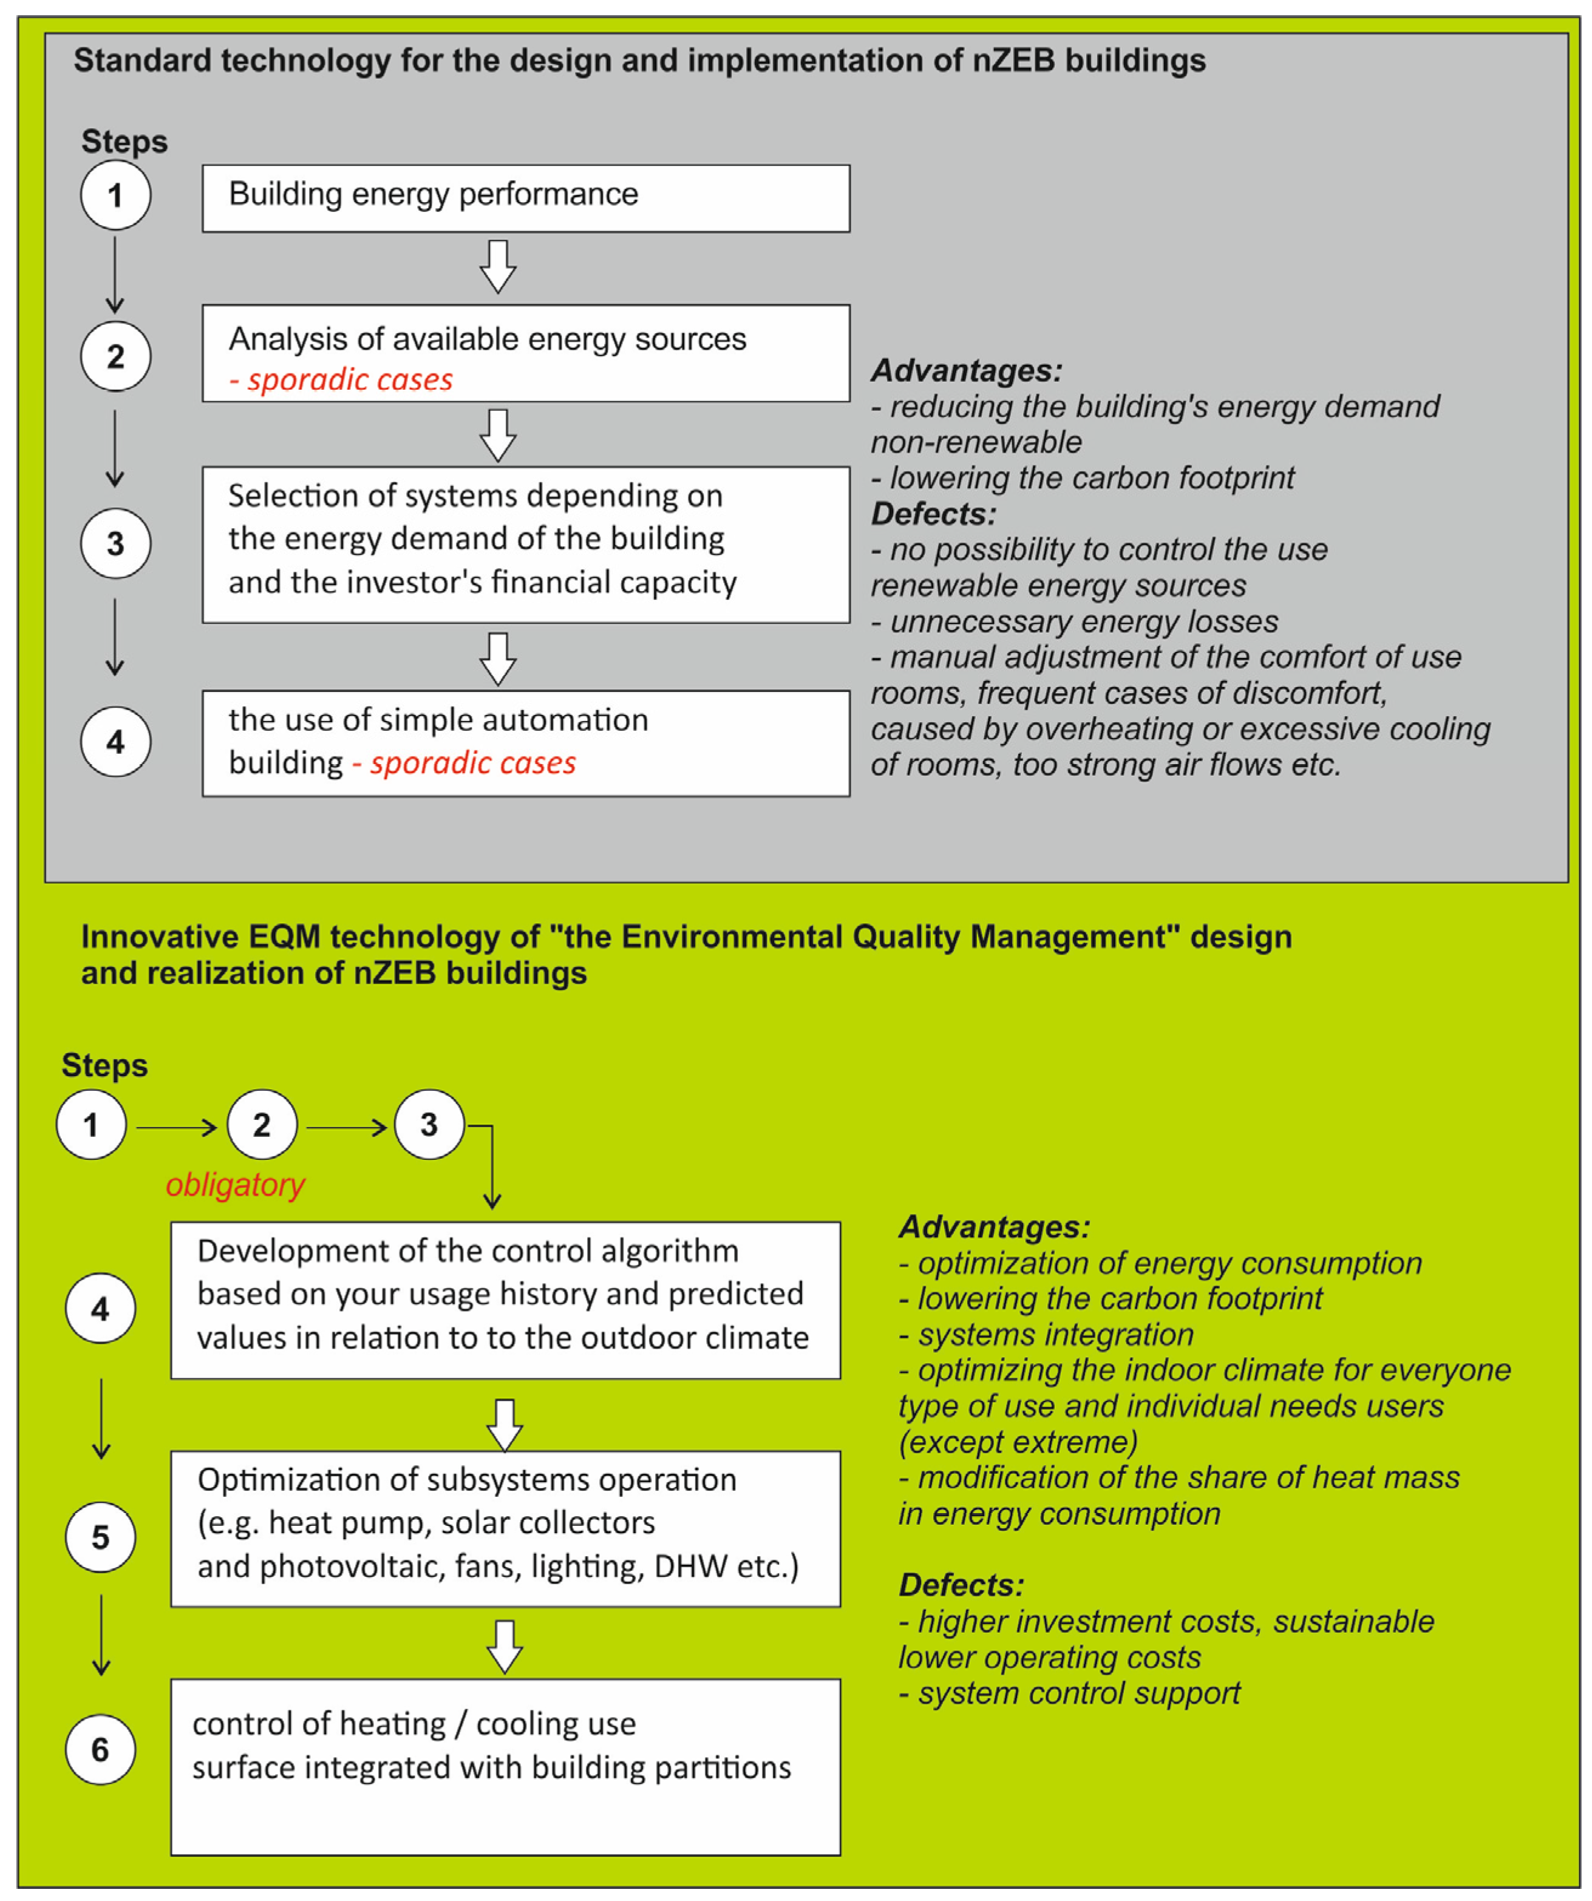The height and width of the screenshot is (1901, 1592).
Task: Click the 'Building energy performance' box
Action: pyautogui.click(x=525, y=198)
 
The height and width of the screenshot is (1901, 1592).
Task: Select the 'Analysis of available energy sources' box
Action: pyautogui.click(x=525, y=353)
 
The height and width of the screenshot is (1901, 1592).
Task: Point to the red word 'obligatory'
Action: pyautogui.click(x=234, y=1184)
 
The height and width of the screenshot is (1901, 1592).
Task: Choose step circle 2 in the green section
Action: pyautogui.click(x=262, y=1124)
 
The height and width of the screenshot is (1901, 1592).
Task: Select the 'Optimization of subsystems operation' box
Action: pyautogui.click(x=505, y=1529)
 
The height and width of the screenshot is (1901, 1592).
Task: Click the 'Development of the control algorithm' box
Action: pyautogui.click(x=505, y=1300)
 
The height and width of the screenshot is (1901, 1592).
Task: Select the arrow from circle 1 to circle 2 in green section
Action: pyautogui.click(x=177, y=1127)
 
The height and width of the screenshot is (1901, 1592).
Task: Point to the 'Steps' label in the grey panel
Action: pyautogui.click(x=124, y=142)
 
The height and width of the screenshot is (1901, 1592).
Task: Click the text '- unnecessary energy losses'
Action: pyautogui.click(x=1075, y=622)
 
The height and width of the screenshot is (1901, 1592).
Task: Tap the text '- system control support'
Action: pyautogui.click(x=1069, y=1693)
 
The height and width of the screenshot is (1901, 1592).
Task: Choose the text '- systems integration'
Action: pyautogui.click(x=1047, y=1334)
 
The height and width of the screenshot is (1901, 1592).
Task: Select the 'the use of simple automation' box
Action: pyautogui.click(x=525, y=743)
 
